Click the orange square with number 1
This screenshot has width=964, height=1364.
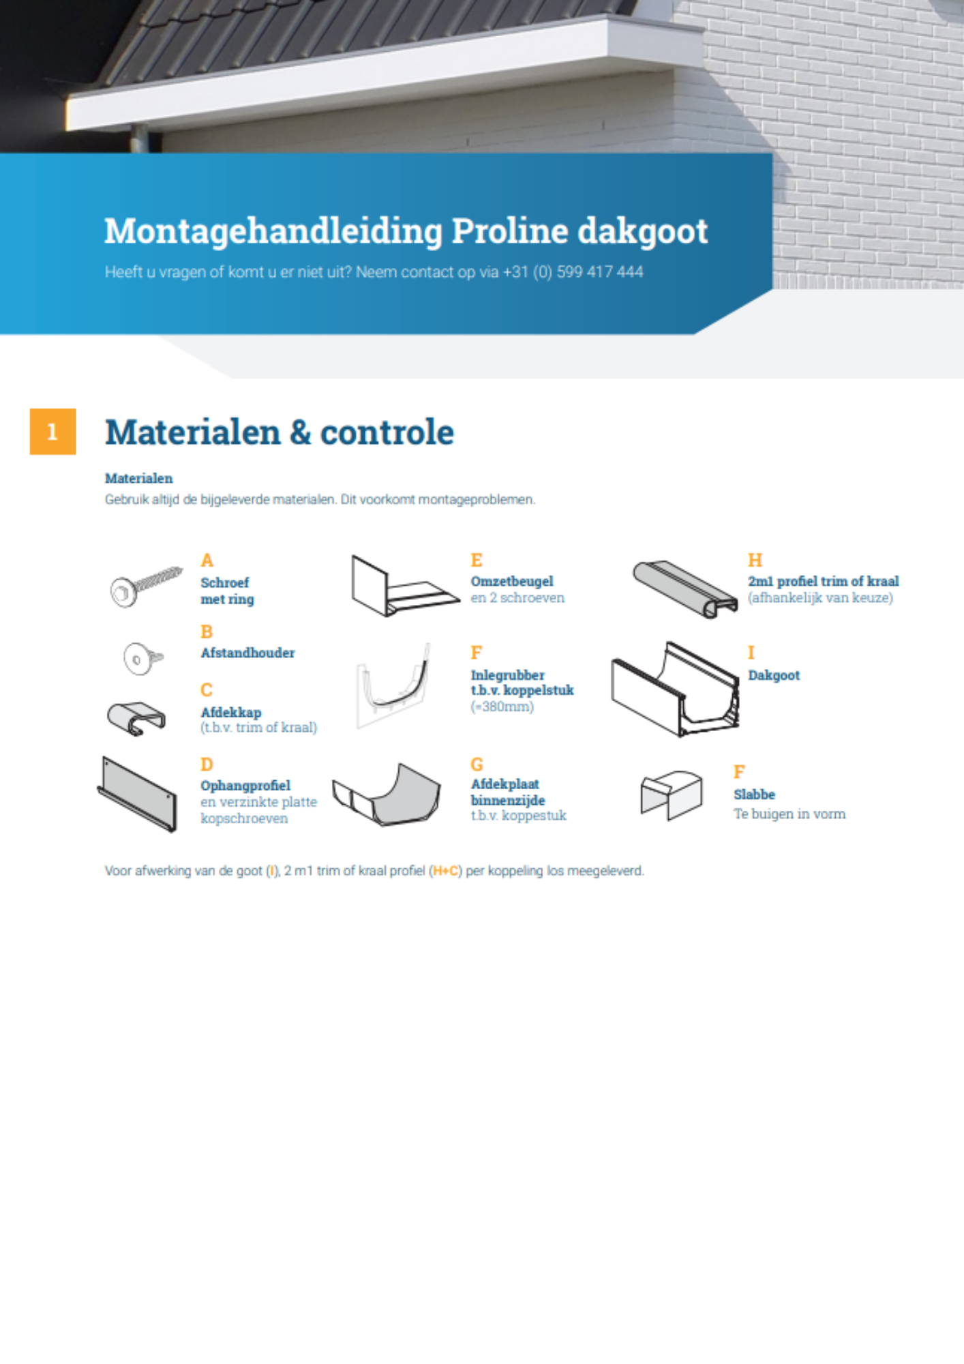coord(52,432)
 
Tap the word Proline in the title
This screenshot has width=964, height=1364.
coord(510,231)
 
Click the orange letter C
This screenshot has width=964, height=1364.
coord(207,690)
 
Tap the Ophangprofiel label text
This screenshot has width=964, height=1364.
coord(245,786)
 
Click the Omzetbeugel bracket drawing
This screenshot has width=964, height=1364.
coord(402,587)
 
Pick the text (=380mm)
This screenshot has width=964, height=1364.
coord(502,707)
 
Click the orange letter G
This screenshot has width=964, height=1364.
coord(477,765)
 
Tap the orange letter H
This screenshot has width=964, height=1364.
coord(754,560)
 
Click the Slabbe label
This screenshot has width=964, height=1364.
coord(754,795)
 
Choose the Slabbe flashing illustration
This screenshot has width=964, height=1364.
coord(672,795)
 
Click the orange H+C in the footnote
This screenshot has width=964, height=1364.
coord(445,871)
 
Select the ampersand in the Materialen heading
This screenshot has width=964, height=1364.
coord(300,433)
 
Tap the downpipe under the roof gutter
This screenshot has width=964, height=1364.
coord(139,139)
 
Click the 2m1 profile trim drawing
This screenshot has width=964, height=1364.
coord(684,589)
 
